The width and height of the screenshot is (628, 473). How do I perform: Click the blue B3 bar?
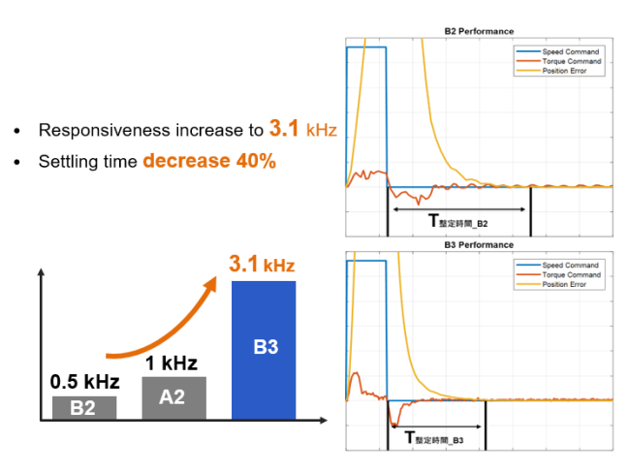coord(265,349)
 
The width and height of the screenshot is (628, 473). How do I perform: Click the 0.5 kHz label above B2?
coord(83,382)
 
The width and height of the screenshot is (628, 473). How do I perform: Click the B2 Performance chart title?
coord(479,31)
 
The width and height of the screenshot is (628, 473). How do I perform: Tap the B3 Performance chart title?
coord(479,245)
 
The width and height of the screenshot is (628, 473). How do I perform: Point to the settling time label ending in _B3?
coord(435,438)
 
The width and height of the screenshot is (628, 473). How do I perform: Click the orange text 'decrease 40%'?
coord(209,161)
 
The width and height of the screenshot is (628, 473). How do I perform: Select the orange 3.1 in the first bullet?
coord(286,129)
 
